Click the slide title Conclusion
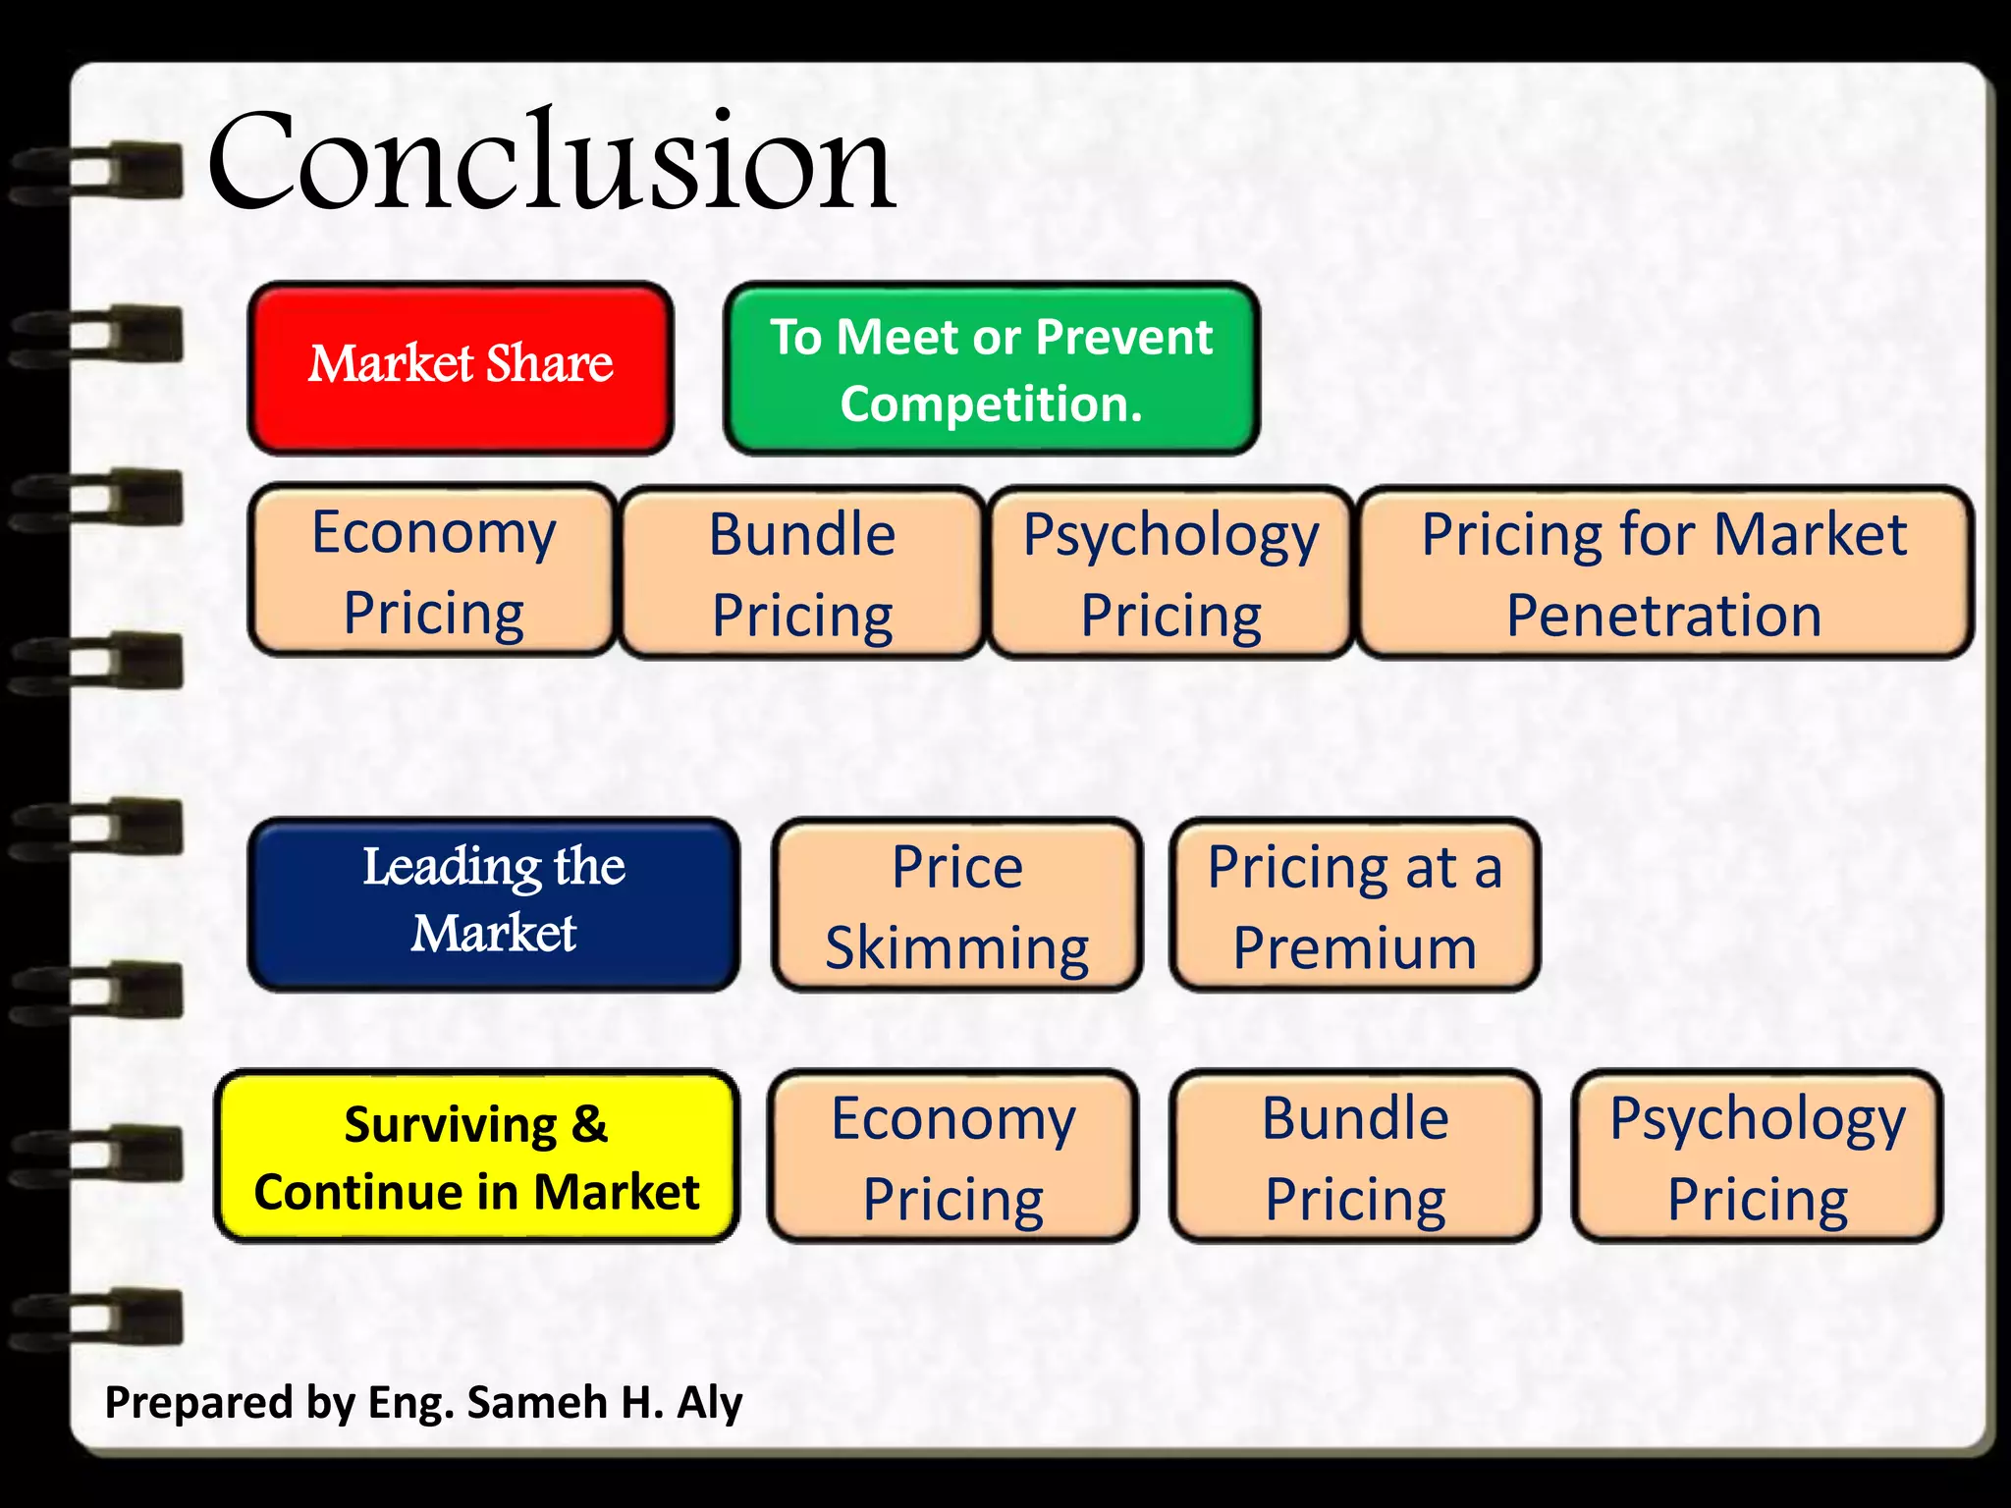[550, 162]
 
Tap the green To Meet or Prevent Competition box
[992, 369]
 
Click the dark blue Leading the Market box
[494, 903]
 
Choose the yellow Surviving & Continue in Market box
[476, 1157]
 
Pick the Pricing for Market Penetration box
[1664, 572]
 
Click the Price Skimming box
[957, 905]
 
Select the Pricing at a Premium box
[1355, 905]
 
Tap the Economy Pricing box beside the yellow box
[953, 1157]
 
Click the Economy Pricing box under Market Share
[433, 570]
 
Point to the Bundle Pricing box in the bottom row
[1355, 1157]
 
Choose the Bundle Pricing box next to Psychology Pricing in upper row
[802, 572]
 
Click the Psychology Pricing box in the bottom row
[1758, 1157]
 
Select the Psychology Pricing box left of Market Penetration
[1170, 572]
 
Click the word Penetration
[1664, 616]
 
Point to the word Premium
[1355, 948]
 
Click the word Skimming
[957, 948]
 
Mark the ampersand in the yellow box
[588, 1124]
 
